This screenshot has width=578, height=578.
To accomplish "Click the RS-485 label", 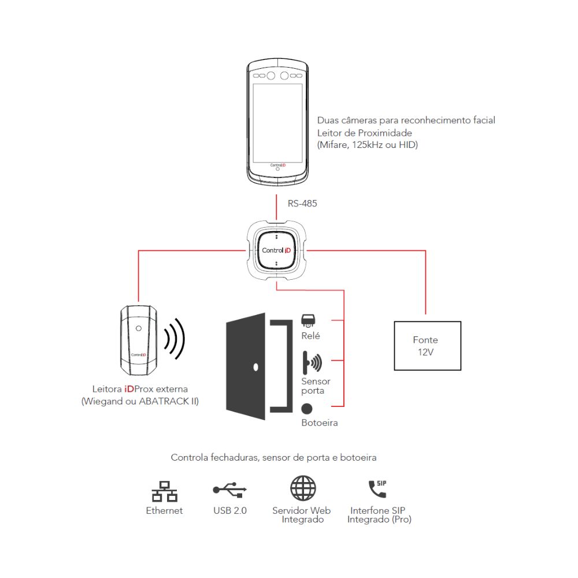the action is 302,203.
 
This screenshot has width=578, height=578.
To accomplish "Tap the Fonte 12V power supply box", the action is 427,346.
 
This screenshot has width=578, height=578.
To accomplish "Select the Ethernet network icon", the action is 164,491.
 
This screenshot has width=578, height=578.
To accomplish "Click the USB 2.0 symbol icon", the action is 229,489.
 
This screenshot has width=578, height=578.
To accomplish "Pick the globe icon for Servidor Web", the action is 303,488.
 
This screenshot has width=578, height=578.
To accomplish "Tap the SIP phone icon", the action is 377,488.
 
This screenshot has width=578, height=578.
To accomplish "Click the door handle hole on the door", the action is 256,367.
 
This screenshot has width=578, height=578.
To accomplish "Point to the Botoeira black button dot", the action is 307,409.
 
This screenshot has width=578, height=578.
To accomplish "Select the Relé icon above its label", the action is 308,321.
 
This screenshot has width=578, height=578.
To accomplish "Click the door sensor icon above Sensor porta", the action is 312,362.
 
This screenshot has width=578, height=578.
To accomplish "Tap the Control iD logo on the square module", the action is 276,250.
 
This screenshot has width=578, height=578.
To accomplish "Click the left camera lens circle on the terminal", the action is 271,76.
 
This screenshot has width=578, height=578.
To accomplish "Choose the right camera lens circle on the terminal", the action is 284,76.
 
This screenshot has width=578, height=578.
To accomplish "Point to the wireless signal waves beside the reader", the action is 175,339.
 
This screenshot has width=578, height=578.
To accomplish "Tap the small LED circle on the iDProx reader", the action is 139,328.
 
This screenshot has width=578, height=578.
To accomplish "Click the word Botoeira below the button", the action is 320,423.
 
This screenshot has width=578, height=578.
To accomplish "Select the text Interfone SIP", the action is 377,510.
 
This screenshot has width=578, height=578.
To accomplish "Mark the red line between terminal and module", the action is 276,208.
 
